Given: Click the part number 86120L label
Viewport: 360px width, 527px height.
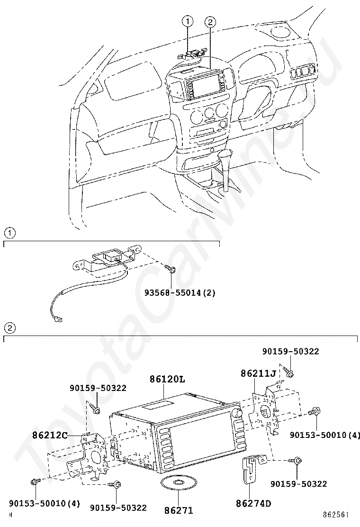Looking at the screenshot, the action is click(x=167, y=380).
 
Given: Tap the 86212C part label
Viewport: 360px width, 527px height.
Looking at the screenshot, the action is click(x=50, y=435).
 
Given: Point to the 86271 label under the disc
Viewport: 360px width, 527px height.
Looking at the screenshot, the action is click(x=179, y=510).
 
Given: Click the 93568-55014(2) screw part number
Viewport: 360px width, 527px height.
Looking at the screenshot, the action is click(x=180, y=293).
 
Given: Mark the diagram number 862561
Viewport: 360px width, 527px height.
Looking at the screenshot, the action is click(x=336, y=515).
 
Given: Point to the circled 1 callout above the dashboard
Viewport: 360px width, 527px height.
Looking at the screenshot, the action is click(x=188, y=21).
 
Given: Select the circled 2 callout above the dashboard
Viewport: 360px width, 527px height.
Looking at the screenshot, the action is click(x=210, y=22).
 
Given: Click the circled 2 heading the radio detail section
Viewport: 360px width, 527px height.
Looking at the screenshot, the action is click(x=9, y=327).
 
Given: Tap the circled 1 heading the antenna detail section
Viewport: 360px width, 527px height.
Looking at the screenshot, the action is click(x=9, y=233).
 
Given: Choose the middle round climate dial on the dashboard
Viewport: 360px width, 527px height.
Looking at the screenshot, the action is click(x=209, y=113).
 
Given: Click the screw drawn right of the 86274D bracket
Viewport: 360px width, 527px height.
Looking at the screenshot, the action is click(x=297, y=462).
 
